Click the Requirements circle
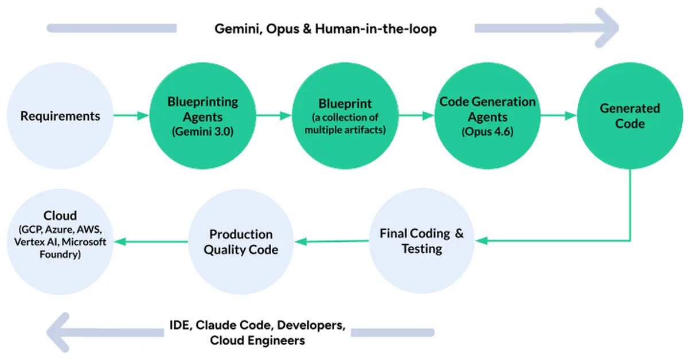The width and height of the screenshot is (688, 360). tap(60, 116)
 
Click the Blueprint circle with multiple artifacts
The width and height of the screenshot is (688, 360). tap(345, 116)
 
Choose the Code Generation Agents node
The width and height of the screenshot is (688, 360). tap(487, 116)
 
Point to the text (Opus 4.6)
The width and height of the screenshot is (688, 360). tap(487, 131)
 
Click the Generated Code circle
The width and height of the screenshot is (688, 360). tap(630, 116)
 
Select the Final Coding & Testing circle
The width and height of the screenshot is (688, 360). tap(422, 241)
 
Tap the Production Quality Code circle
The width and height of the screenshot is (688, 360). tap(241, 241)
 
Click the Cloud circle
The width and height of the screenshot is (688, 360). tap(60, 241)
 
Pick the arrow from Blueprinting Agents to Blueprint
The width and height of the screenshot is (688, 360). tap(273, 116)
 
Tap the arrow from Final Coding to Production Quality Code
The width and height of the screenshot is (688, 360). tap(331, 241)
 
